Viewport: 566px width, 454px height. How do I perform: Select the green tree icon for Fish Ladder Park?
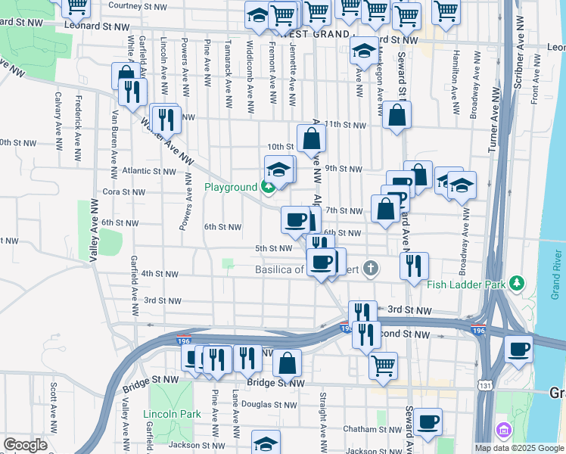click(x=517, y=284)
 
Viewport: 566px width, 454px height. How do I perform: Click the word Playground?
click(x=231, y=187)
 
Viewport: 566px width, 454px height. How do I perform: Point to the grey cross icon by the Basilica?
click(x=370, y=268)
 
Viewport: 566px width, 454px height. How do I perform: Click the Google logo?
click(x=25, y=446)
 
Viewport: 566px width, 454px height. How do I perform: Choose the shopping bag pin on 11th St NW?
click(x=396, y=117)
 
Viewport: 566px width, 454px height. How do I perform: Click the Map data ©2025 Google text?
click(x=519, y=448)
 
